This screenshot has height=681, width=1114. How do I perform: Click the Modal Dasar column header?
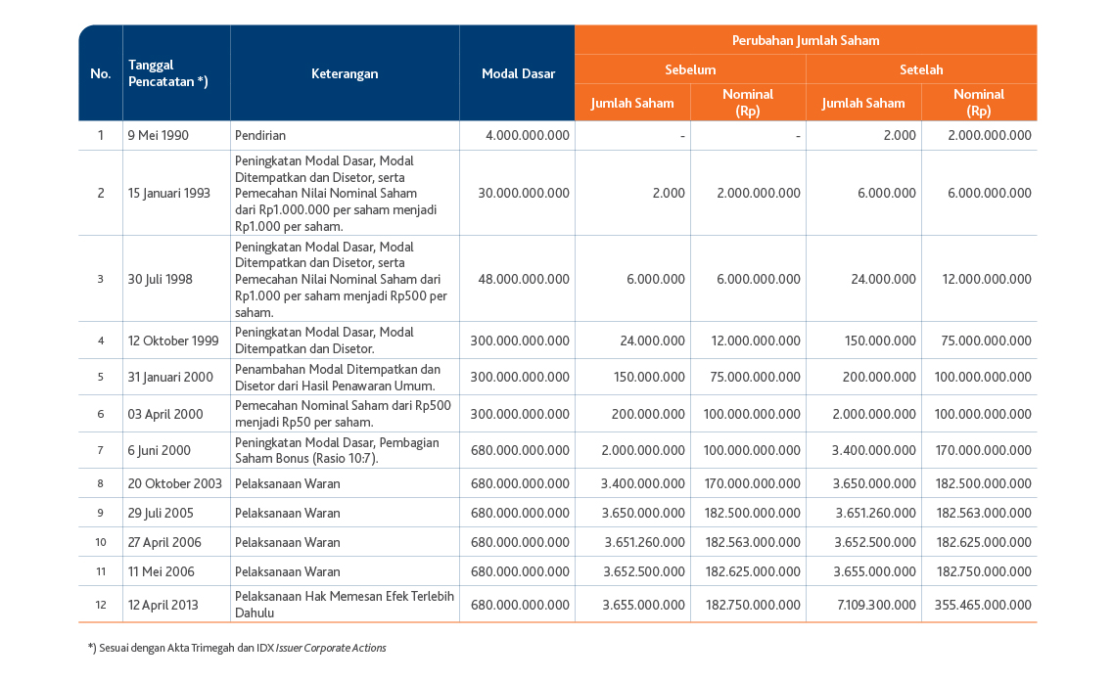(x=518, y=73)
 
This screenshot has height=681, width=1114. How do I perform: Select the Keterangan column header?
(x=345, y=73)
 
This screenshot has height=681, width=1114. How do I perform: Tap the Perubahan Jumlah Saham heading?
(x=806, y=40)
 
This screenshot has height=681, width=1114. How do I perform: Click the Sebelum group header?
(x=690, y=69)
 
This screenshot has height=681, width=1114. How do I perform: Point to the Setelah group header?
(x=921, y=69)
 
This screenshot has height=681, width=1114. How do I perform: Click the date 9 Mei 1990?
(x=159, y=136)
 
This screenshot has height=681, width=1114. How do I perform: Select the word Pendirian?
(x=260, y=136)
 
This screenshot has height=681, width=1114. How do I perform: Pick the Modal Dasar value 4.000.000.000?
(x=528, y=136)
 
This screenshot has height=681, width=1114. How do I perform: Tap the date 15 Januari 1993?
(x=169, y=193)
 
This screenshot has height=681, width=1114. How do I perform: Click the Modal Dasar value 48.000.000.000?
(x=524, y=279)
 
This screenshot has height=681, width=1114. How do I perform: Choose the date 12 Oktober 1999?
(x=173, y=340)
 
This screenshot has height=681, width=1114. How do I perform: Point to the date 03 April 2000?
(x=165, y=414)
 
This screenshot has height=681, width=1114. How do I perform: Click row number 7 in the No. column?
(x=100, y=450)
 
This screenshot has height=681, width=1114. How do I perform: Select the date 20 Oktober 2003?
(x=175, y=483)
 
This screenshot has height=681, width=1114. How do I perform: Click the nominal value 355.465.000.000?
(x=983, y=605)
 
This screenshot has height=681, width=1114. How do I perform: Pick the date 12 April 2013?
(x=163, y=605)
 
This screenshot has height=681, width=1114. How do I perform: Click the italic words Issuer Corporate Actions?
(x=331, y=648)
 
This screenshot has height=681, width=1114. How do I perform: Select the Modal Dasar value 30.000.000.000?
(x=524, y=193)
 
